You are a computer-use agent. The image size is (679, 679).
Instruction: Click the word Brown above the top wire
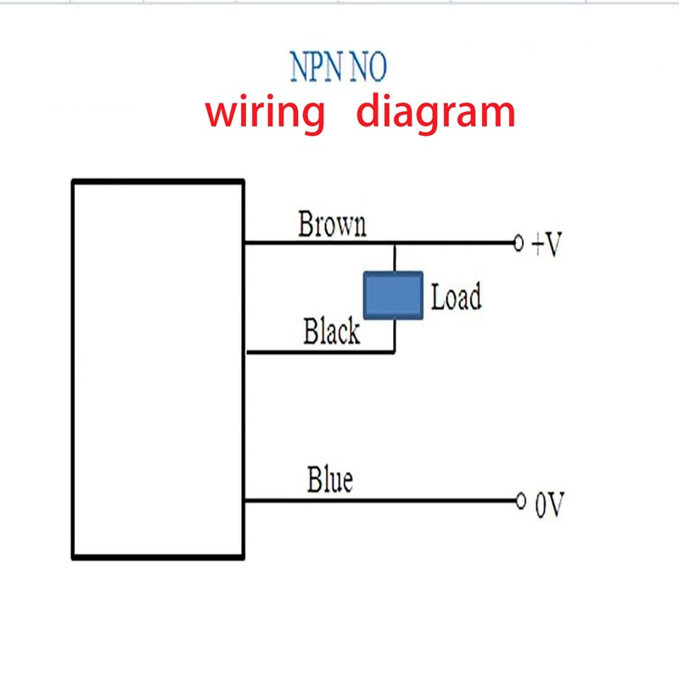[332, 225]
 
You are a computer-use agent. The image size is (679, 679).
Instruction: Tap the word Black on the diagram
[331, 332]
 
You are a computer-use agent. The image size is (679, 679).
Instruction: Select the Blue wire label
[329, 480]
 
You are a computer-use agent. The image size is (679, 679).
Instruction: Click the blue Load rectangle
[393, 296]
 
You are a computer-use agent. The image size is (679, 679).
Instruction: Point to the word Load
[456, 298]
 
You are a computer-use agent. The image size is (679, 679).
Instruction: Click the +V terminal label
[547, 246]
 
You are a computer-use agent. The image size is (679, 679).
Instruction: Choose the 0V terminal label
[548, 506]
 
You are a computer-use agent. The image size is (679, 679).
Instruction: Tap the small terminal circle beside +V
[519, 244]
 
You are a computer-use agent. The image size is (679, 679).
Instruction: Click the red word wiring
[266, 112]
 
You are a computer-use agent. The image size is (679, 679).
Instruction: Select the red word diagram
[435, 114]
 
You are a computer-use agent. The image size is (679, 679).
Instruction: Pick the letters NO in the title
[368, 67]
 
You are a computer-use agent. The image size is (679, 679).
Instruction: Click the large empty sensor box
[159, 369]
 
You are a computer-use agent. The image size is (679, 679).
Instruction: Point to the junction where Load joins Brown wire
[394, 244]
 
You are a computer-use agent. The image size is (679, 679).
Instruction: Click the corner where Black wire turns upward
[394, 351]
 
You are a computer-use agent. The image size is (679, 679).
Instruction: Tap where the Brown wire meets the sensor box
[244, 244]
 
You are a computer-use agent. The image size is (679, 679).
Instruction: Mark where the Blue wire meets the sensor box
[244, 501]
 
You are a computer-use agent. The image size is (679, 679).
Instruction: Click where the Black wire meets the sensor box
[244, 351]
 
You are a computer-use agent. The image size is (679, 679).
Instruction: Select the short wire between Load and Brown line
[394, 258]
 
